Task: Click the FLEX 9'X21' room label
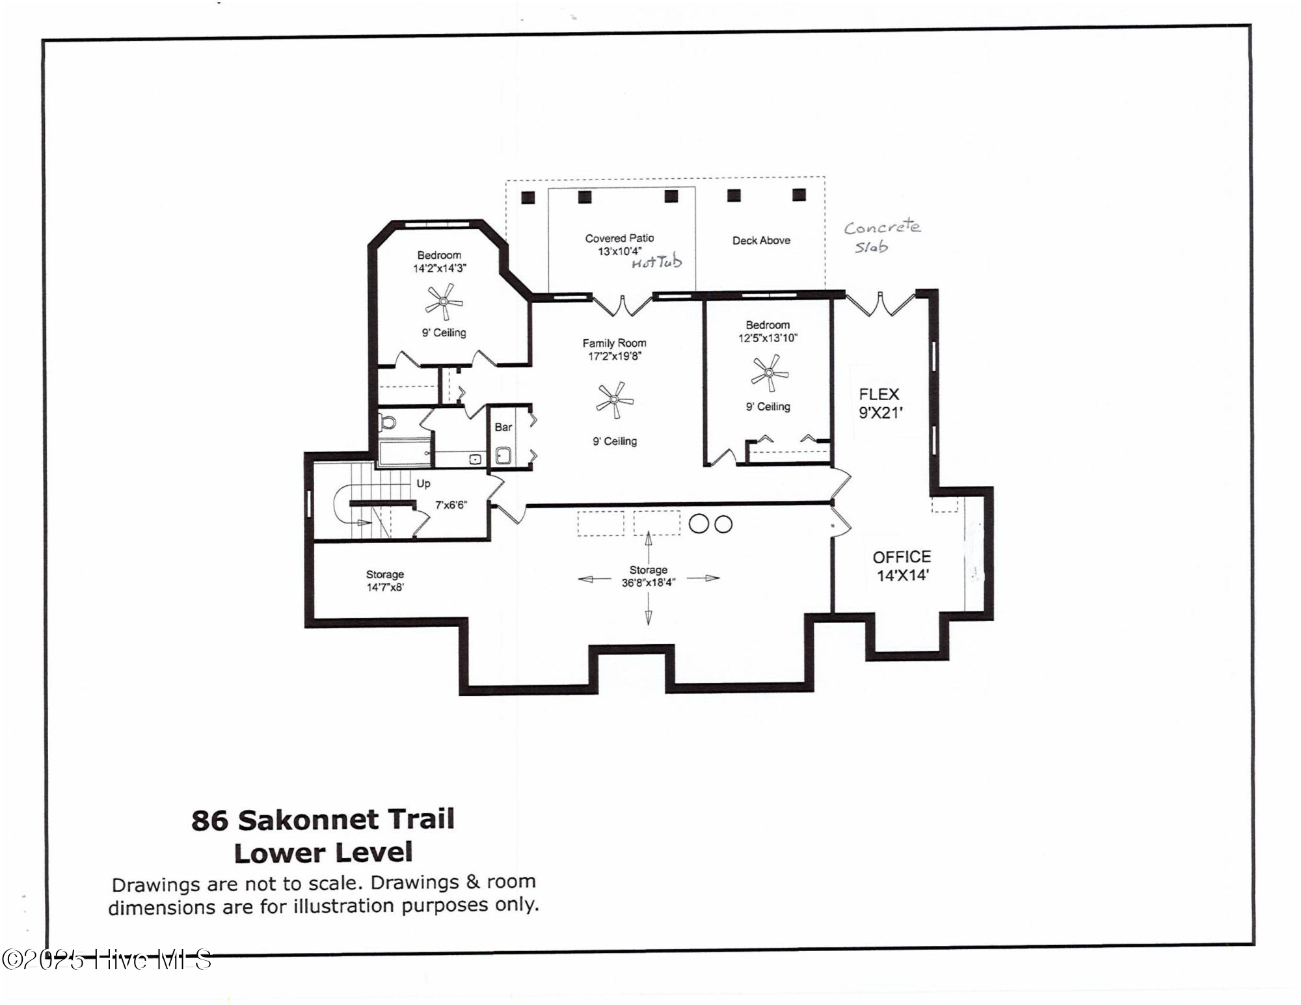(x=879, y=403)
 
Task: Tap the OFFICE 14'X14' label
(x=902, y=566)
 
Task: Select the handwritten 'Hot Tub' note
(x=656, y=262)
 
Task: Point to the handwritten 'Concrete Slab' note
(x=881, y=236)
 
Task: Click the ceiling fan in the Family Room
(x=614, y=401)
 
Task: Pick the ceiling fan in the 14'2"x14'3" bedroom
(x=444, y=301)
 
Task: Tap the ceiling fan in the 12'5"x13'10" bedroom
(x=770, y=373)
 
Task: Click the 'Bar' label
(x=503, y=427)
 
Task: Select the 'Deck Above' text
(x=761, y=241)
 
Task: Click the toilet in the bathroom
(x=388, y=422)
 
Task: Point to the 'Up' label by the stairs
(x=423, y=483)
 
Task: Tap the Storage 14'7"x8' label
(x=385, y=580)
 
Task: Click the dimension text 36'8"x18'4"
(x=648, y=583)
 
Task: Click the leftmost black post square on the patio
(x=528, y=198)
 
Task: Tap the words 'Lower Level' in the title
(x=323, y=853)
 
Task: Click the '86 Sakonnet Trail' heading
(x=323, y=820)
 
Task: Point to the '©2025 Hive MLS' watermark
(x=107, y=959)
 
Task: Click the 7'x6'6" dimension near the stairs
(x=451, y=505)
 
